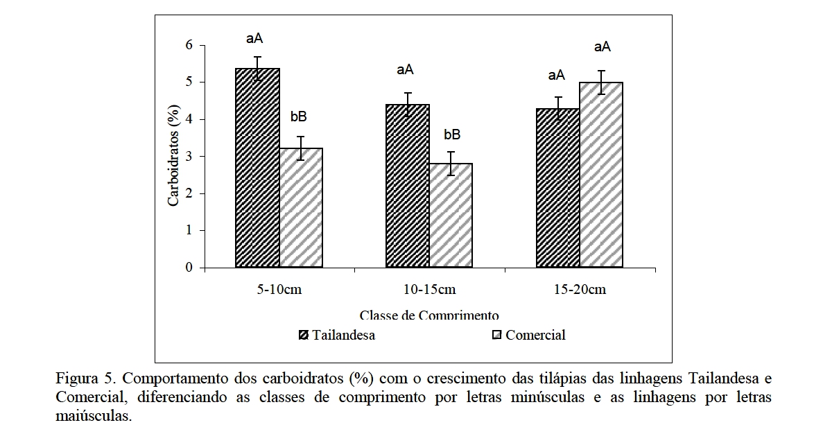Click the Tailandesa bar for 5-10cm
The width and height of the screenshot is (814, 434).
(258, 168)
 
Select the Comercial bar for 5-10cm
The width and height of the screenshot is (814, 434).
(301, 208)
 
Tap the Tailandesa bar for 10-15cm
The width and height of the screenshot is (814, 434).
(408, 186)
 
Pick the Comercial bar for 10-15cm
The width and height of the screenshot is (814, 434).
(451, 216)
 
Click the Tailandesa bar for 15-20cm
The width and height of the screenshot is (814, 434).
(557, 188)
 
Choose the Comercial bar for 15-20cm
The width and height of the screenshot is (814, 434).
(601, 175)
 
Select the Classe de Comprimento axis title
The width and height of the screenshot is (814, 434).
(429, 315)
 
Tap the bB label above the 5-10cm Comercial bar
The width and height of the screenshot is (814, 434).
(299, 116)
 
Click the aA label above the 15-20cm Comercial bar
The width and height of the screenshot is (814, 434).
(602, 47)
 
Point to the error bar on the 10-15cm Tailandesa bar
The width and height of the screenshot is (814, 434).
(408, 104)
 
